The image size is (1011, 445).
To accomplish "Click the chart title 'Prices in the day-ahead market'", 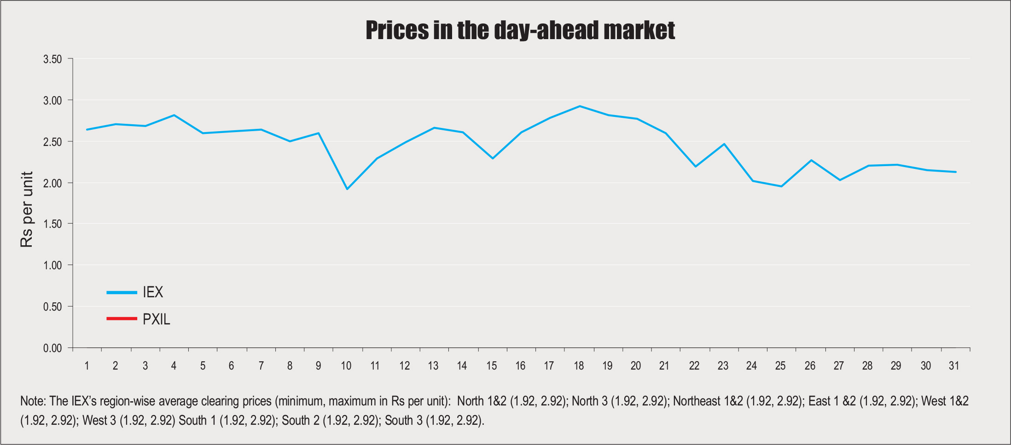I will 520,30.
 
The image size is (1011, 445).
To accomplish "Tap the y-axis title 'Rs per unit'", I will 27,209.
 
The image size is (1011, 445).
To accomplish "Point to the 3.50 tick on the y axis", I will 52,59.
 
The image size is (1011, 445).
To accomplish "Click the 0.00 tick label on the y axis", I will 52,348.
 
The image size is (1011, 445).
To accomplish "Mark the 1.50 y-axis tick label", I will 52,224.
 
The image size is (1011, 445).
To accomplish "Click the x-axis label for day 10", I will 346,366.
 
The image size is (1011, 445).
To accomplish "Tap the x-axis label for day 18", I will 579,366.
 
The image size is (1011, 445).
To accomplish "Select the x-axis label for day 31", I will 954,366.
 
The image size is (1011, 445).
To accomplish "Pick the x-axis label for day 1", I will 87,366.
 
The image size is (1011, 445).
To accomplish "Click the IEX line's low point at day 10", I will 347,189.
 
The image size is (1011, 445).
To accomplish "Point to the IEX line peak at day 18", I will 580,106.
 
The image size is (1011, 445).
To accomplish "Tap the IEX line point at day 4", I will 174,115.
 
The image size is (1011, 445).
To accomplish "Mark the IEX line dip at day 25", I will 781,186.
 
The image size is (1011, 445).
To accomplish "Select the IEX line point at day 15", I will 493,158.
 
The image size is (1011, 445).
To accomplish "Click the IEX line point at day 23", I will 724,144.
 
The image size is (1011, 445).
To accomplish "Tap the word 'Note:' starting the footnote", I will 33,401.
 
